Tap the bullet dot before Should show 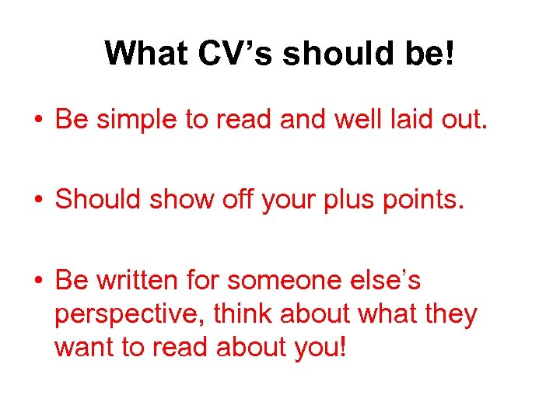point(37,200)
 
